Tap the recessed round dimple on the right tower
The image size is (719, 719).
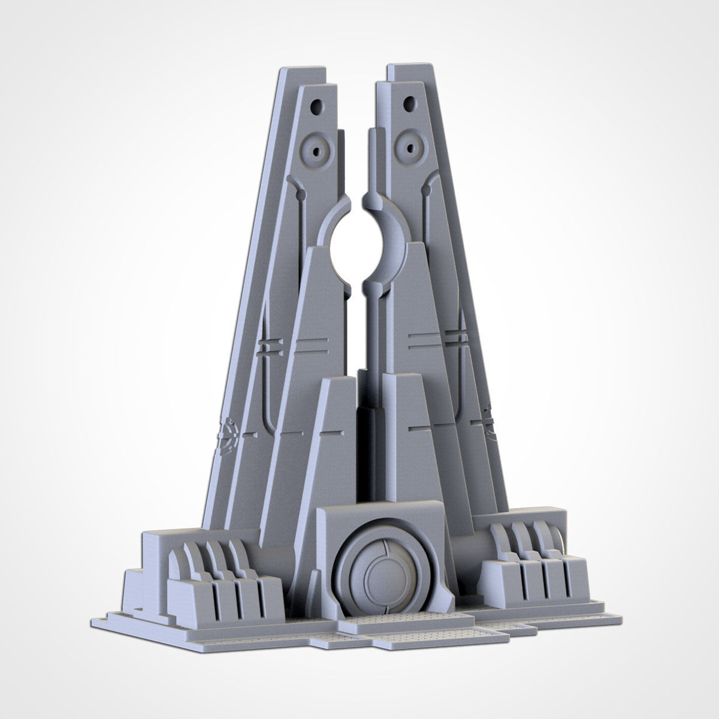click(410, 144)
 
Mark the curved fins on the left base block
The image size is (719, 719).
click(216, 560)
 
